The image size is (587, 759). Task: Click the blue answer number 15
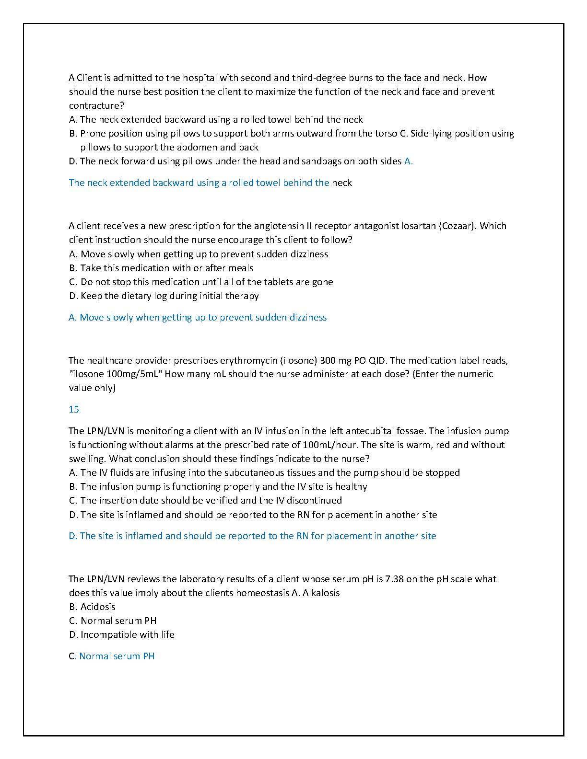tap(74, 409)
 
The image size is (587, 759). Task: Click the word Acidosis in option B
tap(98, 607)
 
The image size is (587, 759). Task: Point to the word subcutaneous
tap(254, 472)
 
